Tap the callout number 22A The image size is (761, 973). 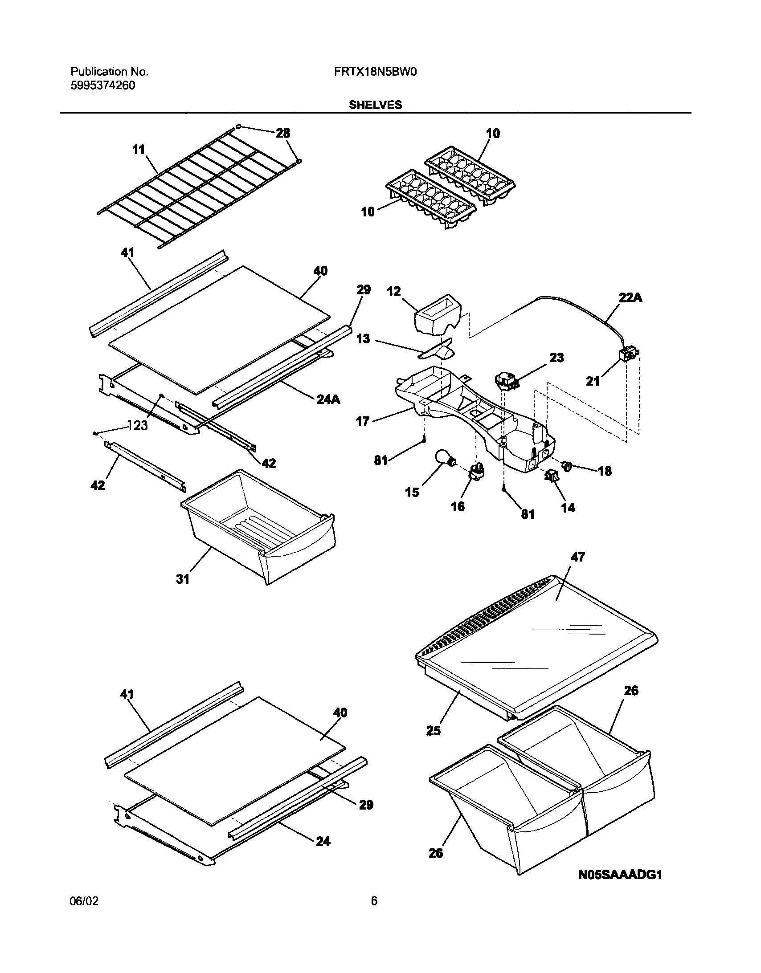[630, 298]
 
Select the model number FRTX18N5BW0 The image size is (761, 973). [375, 72]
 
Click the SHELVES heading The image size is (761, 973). [375, 105]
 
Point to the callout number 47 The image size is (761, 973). [577, 557]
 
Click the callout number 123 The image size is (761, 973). [137, 426]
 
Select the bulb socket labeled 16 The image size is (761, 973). [477, 471]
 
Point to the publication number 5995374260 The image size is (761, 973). [102, 85]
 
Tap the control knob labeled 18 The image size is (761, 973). [568, 466]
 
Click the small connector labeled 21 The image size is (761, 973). [627, 355]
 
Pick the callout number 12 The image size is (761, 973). [394, 291]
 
